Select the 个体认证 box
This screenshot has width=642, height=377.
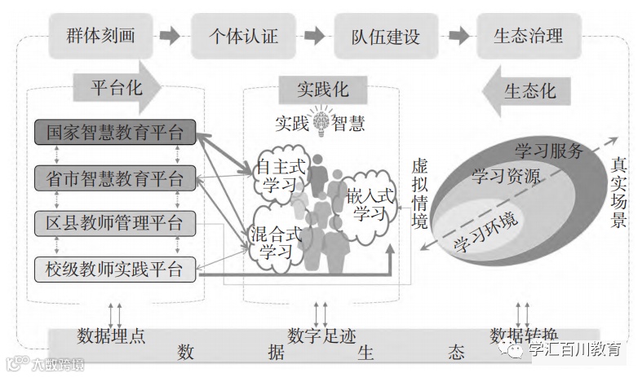tap(244, 36)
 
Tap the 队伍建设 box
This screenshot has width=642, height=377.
tap(386, 36)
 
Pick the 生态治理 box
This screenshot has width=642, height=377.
tap(528, 36)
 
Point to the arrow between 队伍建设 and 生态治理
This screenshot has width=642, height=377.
tap(458, 36)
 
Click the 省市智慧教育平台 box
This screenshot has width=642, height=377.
tap(115, 178)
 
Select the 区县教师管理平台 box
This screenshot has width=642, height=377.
tap(115, 222)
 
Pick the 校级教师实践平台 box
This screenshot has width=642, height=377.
tap(115, 267)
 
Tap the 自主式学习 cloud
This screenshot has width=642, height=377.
tap(281, 174)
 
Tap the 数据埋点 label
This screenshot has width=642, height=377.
tap(111, 335)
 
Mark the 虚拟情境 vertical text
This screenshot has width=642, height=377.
tap(418, 192)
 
